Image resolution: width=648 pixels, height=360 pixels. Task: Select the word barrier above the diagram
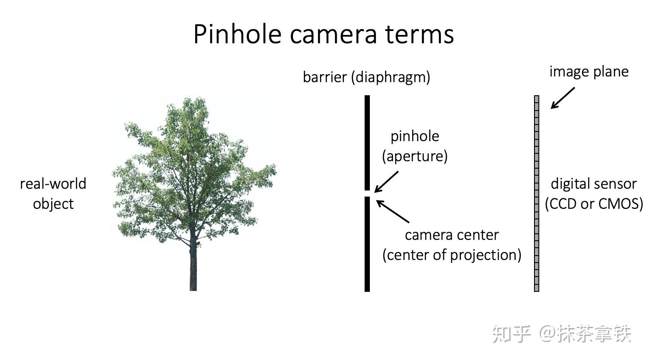click(x=325, y=77)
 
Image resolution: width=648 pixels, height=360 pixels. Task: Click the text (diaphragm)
click(x=390, y=77)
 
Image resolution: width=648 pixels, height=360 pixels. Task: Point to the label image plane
click(x=589, y=72)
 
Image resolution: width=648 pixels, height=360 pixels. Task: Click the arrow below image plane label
click(x=562, y=98)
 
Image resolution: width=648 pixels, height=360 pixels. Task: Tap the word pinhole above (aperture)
click(x=415, y=136)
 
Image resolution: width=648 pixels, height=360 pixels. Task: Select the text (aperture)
click(x=415, y=156)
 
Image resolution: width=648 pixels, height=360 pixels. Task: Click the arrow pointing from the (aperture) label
click(x=386, y=182)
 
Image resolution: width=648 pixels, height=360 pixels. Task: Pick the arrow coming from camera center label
click(x=392, y=211)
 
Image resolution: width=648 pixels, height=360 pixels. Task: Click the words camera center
click(x=452, y=235)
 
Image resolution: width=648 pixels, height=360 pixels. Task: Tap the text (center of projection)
click(x=452, y=255)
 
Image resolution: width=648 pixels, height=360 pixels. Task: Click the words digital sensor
click(x=593, y=184)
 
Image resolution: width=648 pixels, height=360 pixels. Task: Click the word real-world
click(x=53, y=184)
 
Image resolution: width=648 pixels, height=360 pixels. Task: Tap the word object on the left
click(x=53, y=204)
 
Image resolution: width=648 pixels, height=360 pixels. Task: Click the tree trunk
click(x=193, y=269)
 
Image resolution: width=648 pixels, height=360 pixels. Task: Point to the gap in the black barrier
click(x=367, y=194)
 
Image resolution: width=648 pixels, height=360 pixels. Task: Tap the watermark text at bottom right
click(x=562, y=334)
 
